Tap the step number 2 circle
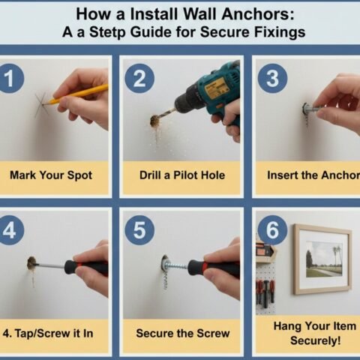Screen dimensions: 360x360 tap(139, 78)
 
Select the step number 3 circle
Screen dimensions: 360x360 tap(271, 79)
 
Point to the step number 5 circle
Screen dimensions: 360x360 tap(139, 231)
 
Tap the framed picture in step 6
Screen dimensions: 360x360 tap(322, 259)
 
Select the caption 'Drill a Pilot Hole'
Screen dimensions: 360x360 tap(181, 175)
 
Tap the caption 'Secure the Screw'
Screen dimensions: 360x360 tap(181, 331)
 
